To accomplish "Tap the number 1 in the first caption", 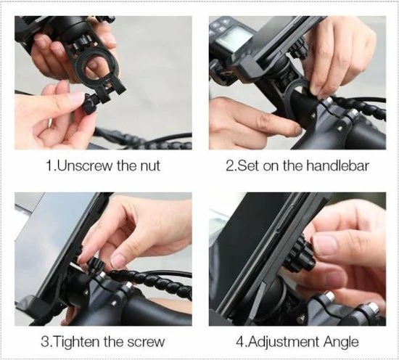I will click(49, 165).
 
